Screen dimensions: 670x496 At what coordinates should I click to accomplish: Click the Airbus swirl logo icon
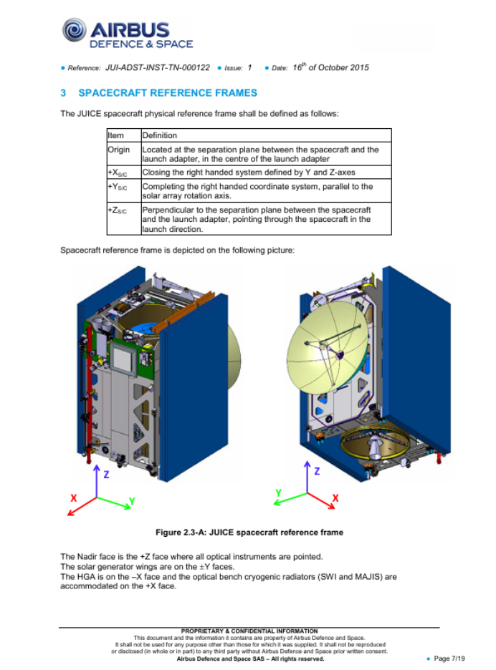click(74, 31)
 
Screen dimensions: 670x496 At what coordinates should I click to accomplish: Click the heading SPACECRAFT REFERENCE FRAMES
click(168, 93)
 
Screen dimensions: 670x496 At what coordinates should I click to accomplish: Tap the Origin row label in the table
click(119, 150)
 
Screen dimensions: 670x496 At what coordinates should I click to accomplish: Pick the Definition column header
click(160, 135)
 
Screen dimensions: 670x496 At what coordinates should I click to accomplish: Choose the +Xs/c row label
click(117, 173)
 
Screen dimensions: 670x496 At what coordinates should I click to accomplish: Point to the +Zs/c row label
click(117, 210)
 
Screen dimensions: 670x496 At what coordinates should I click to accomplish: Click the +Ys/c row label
click(117, 186)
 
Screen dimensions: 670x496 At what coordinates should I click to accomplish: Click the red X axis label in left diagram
click(73, 497)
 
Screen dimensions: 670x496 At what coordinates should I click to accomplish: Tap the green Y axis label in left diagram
click(132, 499)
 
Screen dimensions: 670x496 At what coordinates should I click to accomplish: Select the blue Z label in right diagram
click(317, 472)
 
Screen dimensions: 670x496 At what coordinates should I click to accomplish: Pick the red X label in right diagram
click(335, 497)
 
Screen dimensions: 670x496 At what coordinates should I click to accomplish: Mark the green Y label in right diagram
click(278, 493)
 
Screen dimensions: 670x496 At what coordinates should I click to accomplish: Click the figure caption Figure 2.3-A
click(249, 533)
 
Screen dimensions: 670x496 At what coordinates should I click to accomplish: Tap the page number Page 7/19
click(451, 659)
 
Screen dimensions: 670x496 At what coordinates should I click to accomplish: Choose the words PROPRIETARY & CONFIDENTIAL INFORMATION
click(249, 631)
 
